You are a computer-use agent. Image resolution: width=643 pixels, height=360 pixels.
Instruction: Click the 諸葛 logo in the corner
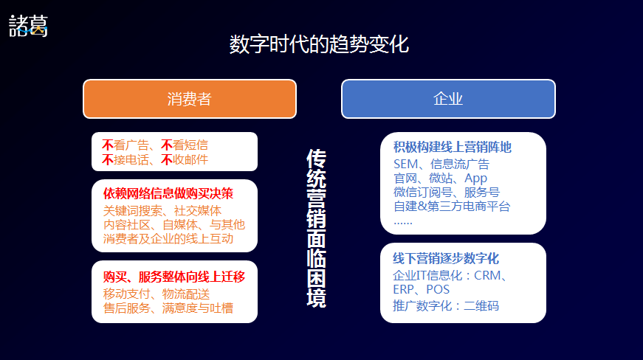(x=28, y=26)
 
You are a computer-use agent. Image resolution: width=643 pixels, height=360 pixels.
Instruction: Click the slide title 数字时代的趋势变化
(x=319, y=44)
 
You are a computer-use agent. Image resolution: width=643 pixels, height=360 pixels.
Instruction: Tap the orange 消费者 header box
(x=190, y=99)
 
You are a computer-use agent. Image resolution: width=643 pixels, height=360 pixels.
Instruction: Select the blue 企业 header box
(x=448, y=99)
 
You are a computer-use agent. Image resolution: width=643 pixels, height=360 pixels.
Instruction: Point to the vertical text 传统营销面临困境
(x=316, y=228)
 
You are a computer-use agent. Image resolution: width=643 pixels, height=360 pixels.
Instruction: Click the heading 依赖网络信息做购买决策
(x=168, y=193)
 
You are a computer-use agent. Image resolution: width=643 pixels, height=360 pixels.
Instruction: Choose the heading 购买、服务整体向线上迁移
(x=174, y=277)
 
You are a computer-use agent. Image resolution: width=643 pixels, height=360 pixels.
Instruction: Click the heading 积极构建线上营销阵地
(x=453, y=147)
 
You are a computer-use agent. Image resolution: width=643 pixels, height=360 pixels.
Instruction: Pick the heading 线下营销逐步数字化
(x=446, y=258)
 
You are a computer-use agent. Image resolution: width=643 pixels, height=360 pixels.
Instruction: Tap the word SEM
(x=405, y=165)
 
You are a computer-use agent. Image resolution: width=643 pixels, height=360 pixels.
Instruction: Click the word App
(x=475, y=179)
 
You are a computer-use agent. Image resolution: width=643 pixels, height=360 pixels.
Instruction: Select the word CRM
(x=487, y=275)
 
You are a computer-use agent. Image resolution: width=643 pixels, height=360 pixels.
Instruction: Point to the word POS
(x=438, y=290)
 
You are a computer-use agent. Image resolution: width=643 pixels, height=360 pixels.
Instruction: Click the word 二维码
(x=481, y=306)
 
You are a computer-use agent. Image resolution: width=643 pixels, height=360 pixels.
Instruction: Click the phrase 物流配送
(x=186, y=294)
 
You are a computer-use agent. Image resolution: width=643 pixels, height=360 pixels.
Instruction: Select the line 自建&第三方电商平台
(x=452, y=206)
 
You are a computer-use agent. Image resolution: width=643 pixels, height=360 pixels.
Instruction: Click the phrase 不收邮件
(x=184, y=159)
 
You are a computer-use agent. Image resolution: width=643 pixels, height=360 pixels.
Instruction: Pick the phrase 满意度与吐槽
(x=198, y=308)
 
